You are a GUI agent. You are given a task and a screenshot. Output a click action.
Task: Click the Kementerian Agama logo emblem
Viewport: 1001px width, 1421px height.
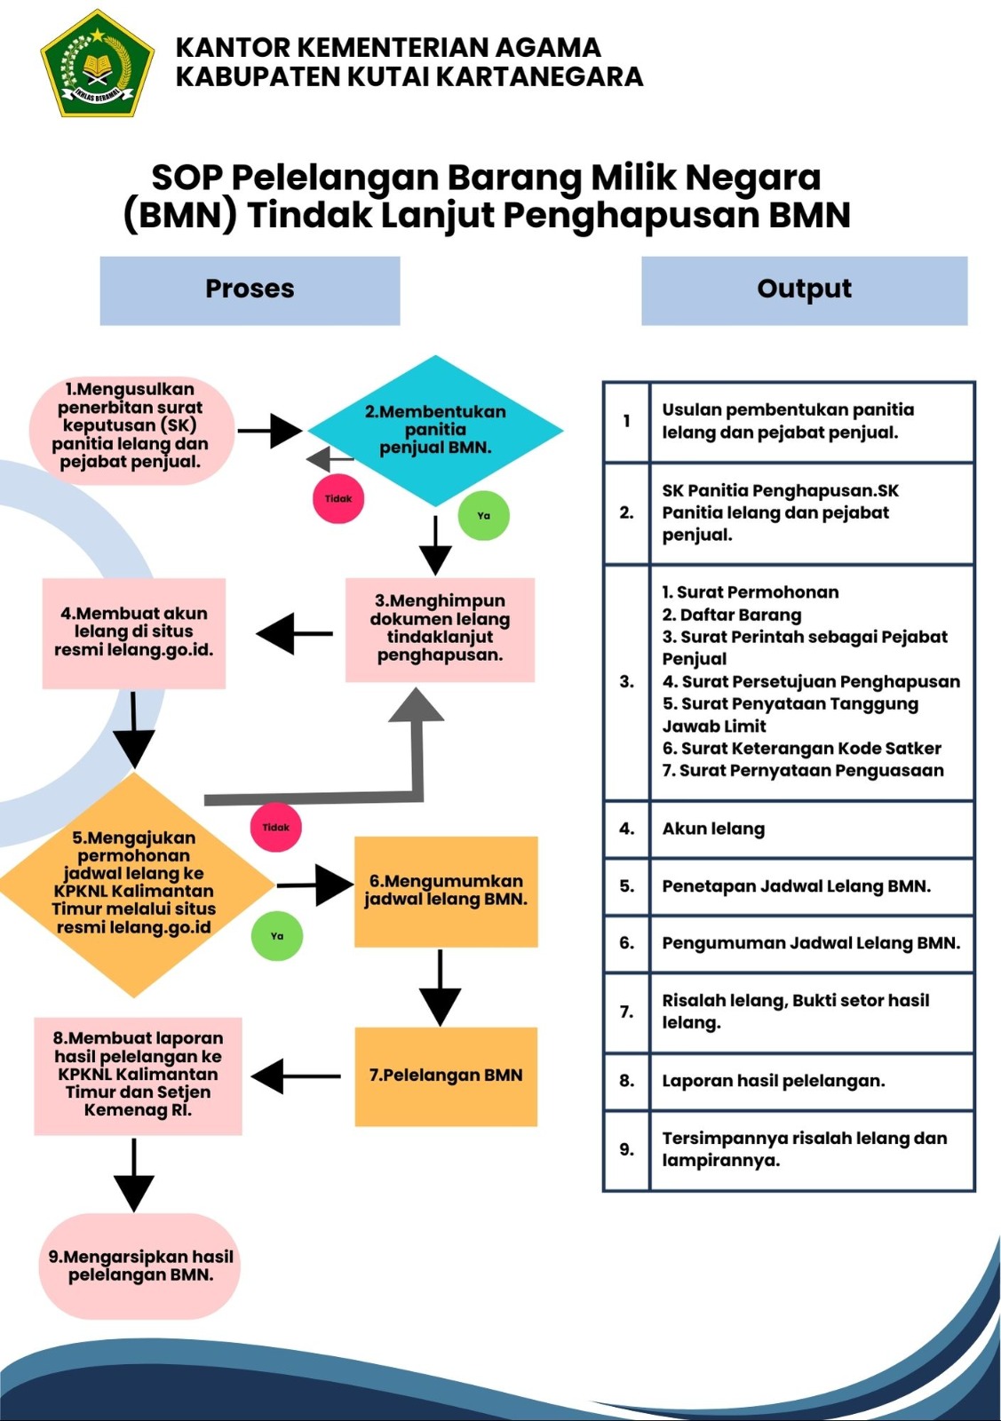pyautogui.click(x=97, y=64)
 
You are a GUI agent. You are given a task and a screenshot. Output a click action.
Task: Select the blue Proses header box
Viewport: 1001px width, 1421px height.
pyautogui.click(x=250, y=290)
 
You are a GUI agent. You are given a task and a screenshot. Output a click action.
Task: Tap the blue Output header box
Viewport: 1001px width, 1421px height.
pyautogui.click(x=804, y=290)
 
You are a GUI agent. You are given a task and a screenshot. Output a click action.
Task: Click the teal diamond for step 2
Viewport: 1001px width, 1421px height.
pyautogui.click(x=435, y=431)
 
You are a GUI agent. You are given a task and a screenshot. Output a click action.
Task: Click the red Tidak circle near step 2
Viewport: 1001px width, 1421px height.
pyautogui.click(x=338, y=498)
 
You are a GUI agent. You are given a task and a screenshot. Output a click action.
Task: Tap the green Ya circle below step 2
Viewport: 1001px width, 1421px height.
pyautogui.click(x=483, y=515)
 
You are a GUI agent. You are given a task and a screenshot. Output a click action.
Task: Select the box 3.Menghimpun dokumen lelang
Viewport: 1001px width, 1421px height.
pyautogui.click(x=440, y=629)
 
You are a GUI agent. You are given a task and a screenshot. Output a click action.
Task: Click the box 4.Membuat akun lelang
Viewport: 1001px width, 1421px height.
pyautogui.click(x=134, y=632)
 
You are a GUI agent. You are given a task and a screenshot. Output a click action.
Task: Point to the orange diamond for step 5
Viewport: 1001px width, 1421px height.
pyautogui.click(x=134, y=884)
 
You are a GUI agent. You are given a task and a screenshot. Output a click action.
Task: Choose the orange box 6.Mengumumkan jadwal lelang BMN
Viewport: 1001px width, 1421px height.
pyautogui.click(x=446, y=891)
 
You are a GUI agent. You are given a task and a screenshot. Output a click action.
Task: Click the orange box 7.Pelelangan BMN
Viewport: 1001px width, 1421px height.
pyautogui.click(x=446, y=1076)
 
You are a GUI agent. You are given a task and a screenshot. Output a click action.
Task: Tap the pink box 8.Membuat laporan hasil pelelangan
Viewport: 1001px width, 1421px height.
pyautogui.click(x=138, y=1075)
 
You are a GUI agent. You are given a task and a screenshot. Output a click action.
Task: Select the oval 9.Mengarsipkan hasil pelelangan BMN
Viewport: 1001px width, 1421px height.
pyautogui.click(x=140, y=1266)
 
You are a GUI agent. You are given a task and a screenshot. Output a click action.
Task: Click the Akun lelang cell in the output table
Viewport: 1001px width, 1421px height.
pyautogui.click(x=713, y=829)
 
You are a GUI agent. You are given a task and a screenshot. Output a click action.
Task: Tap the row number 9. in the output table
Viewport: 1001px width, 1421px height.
pyautogui.click(x=626, y=1149)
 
